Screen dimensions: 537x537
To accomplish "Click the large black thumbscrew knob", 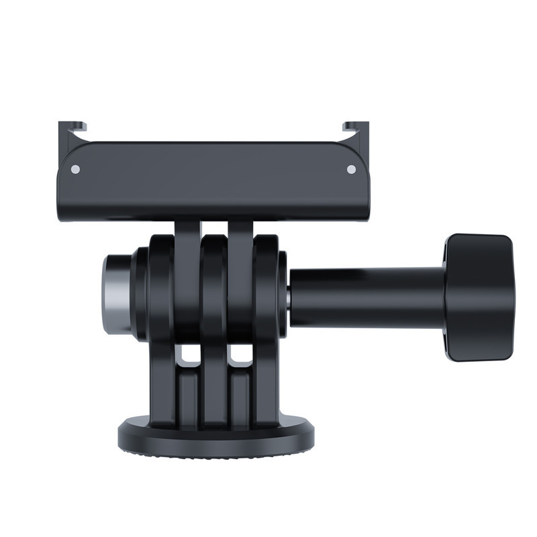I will coord(479,297).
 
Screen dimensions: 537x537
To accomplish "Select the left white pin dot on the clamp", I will coord(76,169).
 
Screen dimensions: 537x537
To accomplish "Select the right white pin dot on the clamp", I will coord(350,169).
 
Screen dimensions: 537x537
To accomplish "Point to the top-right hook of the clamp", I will coord(356,128).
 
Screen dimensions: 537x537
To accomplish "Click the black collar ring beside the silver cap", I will coord(140,294).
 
